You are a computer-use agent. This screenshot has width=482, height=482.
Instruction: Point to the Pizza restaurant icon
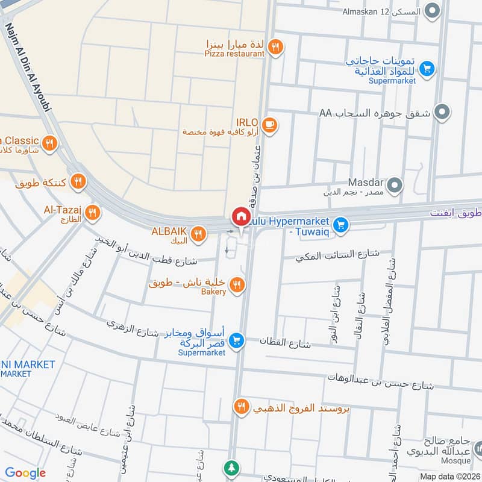[275, 46]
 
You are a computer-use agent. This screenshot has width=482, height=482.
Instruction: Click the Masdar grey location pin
[395, 185]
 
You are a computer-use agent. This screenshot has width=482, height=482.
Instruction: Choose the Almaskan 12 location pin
[431, 11]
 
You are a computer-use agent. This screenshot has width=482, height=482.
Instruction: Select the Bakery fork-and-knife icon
[237, 285]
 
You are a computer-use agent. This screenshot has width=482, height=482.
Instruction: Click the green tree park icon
[231, 468]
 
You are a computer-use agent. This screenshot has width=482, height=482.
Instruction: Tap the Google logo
[25, 474]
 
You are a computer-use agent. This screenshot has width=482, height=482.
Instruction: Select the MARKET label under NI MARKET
[16, 374]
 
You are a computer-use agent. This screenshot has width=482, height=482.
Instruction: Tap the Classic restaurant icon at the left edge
[49, 143]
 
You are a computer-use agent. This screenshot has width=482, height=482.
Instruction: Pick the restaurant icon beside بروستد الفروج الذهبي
[241, 407]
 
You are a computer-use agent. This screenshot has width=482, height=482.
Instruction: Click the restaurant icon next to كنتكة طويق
[77, 181]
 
